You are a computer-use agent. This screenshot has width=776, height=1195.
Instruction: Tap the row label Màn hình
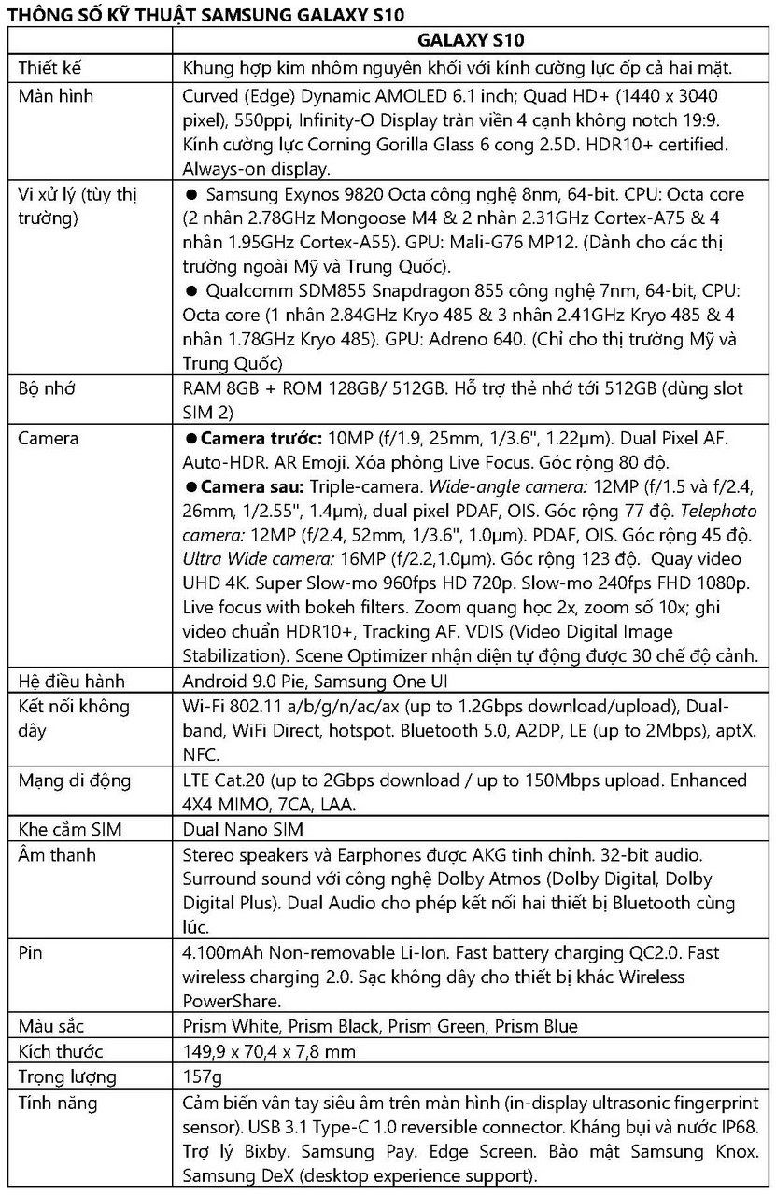[x=56, y=96]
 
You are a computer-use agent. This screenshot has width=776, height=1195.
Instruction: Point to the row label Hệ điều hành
[x=72, y=682]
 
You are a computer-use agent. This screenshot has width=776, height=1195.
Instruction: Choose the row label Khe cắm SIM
[x=70, y=829]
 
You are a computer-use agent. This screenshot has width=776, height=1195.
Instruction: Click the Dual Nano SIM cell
[x=243, y=829]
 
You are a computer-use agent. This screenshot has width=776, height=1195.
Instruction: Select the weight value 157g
[x=203, y=1076]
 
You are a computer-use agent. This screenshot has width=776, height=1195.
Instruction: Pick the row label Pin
[x=31, y=953]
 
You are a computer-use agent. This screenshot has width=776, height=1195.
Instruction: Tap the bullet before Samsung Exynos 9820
[x=191, y=195]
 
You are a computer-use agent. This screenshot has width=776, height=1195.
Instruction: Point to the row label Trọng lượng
[x=67, y=1076]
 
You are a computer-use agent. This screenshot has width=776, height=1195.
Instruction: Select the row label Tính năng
[x=58, y=1103]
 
